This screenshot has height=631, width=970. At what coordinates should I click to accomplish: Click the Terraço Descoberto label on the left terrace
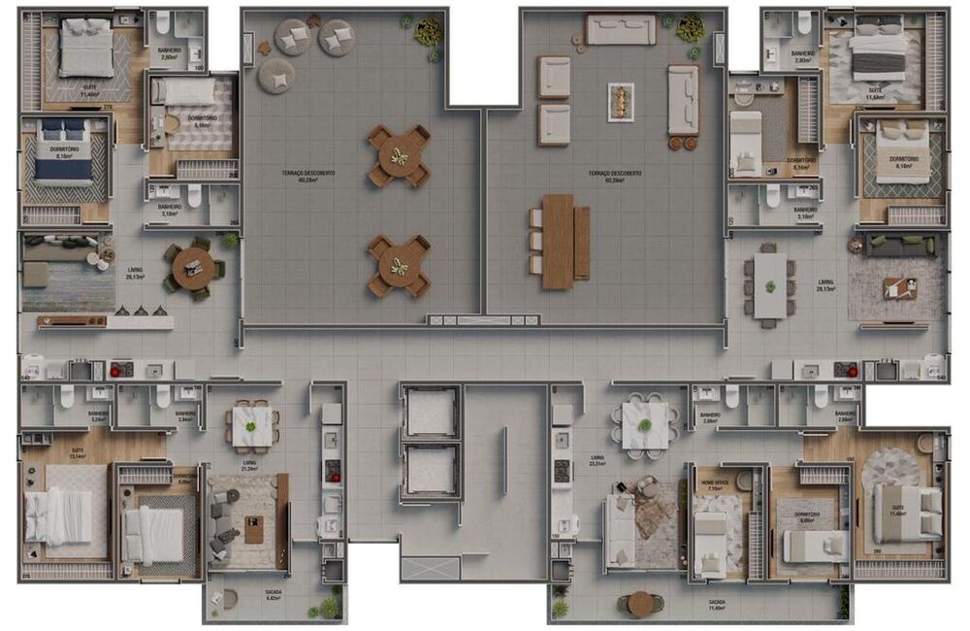pyautogui.click(x=308, y=176)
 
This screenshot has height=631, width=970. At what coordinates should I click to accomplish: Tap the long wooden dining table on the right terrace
pyautogui.click(x=558, y=242)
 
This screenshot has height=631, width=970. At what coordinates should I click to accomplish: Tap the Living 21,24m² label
pyautogui.click(x=249, y=467)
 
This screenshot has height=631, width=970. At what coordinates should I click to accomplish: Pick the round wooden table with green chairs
pyautogui.click(x=194, y=265)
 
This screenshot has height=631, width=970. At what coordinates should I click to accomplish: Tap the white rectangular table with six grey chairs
pyautogui.click(x=770, y=285)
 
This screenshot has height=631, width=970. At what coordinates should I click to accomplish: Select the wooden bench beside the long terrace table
pyautogui.click(x=582, y=242)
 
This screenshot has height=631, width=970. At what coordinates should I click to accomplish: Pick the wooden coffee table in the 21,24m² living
pyautogui.click(x=254, y=530)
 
